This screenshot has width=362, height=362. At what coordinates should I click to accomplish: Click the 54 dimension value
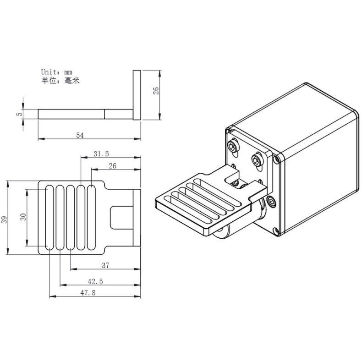[79, 135]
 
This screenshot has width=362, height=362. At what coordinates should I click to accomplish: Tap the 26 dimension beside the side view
[156, 90]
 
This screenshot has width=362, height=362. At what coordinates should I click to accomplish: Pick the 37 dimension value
[105, 265]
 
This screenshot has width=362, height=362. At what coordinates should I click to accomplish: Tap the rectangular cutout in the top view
[121, 218]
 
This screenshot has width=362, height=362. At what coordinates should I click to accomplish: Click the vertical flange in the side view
[137, 95]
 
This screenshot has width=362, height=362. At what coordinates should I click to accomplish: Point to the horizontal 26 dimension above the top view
[112, 166]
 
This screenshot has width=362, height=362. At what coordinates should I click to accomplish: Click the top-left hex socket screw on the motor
[234, 146]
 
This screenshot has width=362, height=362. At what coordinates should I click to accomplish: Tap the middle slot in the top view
[70, 217]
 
